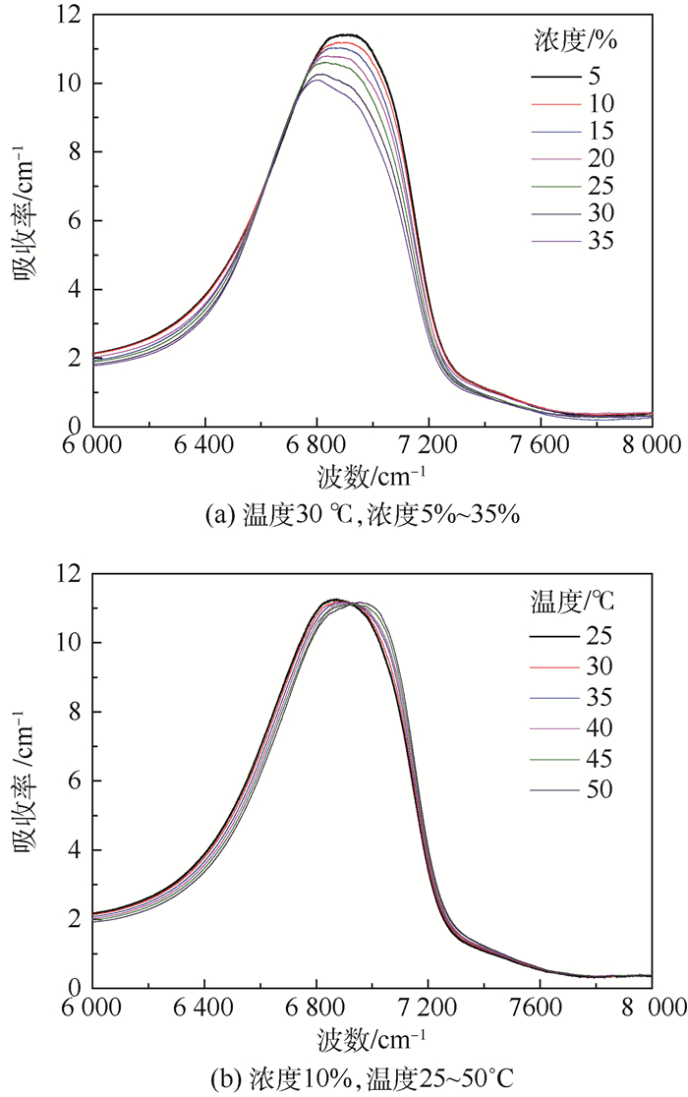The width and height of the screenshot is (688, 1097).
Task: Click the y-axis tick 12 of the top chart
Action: tap(72, 15)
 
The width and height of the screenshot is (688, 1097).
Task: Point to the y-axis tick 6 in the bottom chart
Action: tap(79, 781)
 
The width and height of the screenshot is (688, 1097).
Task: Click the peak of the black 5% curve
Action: tap(342, 35)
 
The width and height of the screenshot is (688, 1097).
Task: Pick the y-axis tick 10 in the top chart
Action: tap(72, 84)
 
